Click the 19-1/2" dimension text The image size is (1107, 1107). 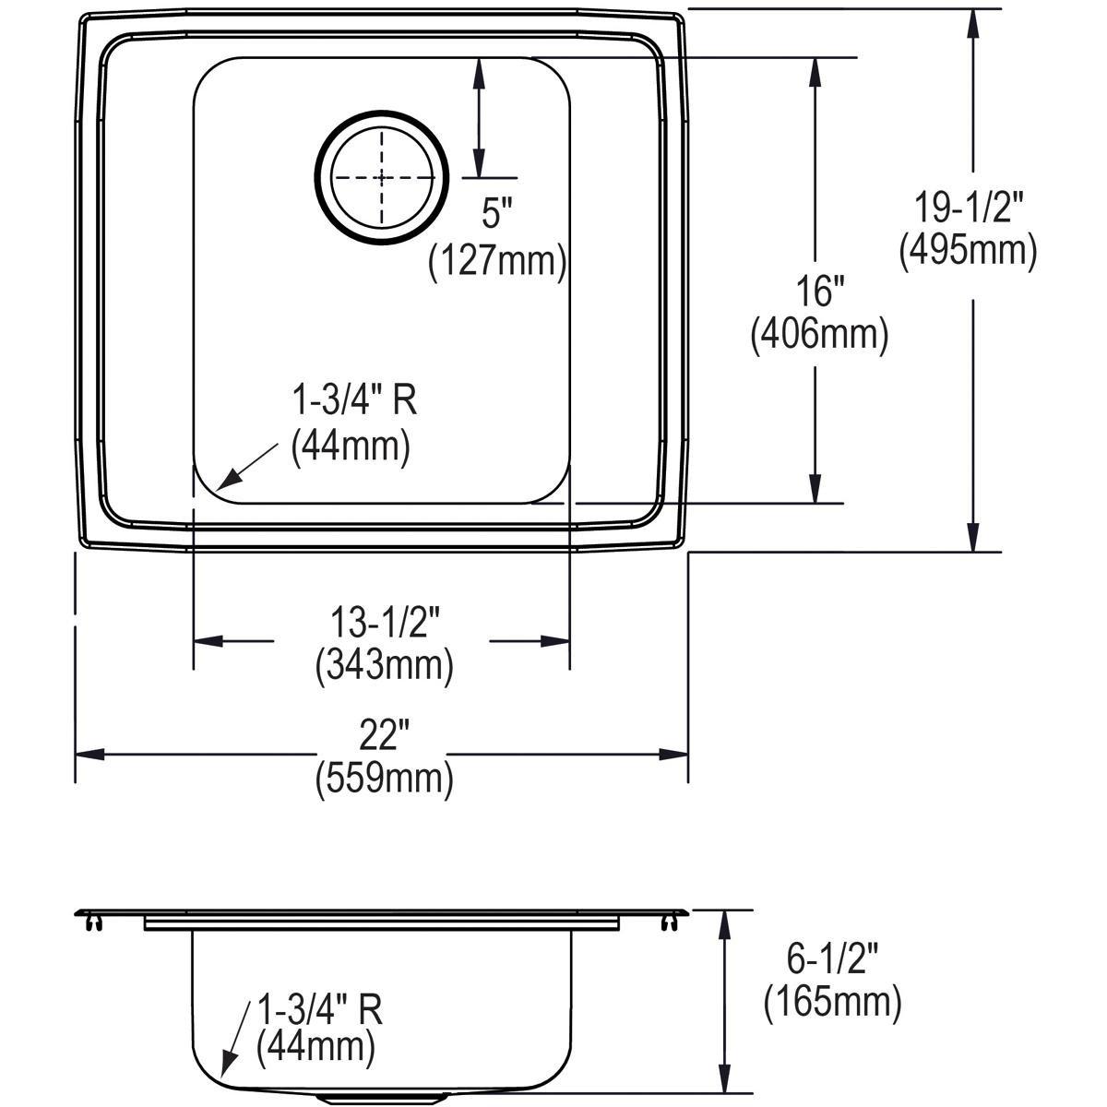tap(969, 208)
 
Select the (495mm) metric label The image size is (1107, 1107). tap(969, 249)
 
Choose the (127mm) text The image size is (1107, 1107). tap(496, 262)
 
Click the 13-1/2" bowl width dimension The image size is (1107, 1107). tap(384, 624)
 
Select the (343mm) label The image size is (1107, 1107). tap(384, 665)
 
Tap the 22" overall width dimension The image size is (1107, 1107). tap(384, 736)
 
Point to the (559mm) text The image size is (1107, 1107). tap(384, 780)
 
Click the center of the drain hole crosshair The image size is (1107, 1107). tap(382, 178)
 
